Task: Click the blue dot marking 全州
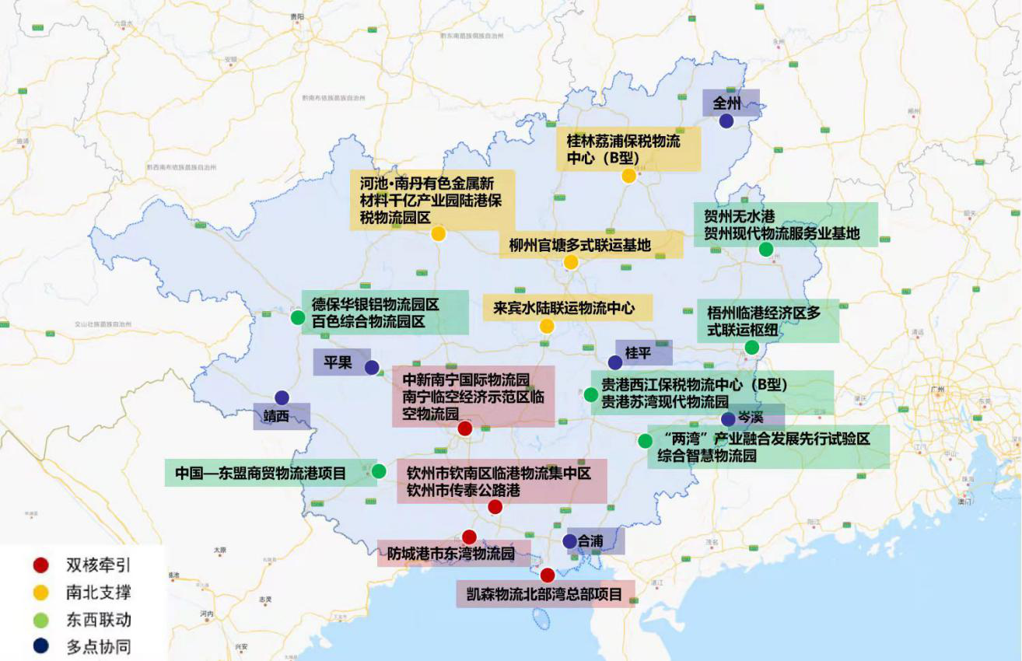(x=726, y=121)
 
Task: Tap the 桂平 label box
(x=643, y=353)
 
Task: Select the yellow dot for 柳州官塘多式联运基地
(x=571, y=263)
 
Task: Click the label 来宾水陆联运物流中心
(x=567, y=308)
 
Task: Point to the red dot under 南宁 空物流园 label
(x=464, y=428)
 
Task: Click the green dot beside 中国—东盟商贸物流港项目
(x=379, y=471)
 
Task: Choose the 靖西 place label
(x=276, y=416)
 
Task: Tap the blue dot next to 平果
(x=372, y=367)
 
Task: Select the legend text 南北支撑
(x=98, y=593)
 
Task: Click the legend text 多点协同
(x=98, y=647)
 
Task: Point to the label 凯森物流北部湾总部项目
(x=544, y=595)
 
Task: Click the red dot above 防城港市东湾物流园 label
(x=469, y=537)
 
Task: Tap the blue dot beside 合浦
(x=569, y=541)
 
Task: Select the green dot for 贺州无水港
(x=765, y=250)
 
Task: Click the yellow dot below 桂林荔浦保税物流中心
(x=628, y=176)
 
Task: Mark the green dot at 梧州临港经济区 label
(x=751, y=348)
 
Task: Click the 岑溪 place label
(x=750, y=418)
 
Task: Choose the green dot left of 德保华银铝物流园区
(x=297, y=317)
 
